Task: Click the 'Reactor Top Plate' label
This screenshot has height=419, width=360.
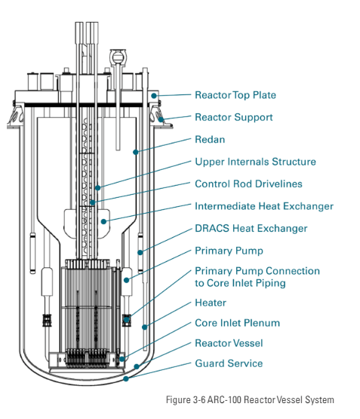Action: (x=235, y=95)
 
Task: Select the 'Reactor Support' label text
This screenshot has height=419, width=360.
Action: (x=234, y=117)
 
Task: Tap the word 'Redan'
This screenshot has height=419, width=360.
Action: (x=210, y=140)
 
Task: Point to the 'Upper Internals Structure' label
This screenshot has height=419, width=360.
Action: (x=255, y=162)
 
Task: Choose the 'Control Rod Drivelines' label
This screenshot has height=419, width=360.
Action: (x=248, y=184)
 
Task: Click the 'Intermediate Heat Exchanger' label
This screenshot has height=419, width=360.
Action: (x=264, y=206)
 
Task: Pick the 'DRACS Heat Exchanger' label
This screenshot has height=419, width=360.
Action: (x=251, y=229)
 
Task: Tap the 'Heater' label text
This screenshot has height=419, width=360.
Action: (x=211, y=303)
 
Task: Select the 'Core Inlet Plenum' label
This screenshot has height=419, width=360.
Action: (x=237, y=323)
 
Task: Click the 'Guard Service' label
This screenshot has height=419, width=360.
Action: (x=229, y=363)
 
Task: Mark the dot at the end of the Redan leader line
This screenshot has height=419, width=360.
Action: (x=136, y=152)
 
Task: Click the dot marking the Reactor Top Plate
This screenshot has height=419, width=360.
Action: (x=154, y=95)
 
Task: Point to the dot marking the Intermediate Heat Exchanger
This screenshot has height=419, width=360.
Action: (x=103, y=221)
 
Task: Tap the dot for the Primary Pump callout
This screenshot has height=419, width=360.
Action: (x=127, y=280)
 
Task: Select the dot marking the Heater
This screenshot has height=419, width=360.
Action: (x=144, y=327)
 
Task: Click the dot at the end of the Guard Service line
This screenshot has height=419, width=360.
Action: (x=126, y=378)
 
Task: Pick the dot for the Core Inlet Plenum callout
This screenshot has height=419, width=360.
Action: (x=122, y=359)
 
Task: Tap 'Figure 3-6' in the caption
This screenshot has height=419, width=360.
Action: (x=186, y=400)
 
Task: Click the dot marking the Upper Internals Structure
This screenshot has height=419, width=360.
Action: (x=98, y=188)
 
